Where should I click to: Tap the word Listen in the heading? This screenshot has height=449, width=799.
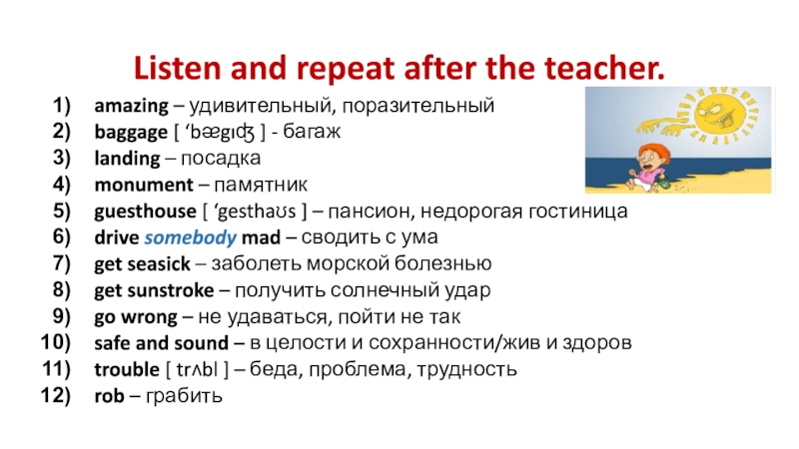click(178, 68)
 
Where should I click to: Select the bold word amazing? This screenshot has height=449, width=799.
click(132, 107)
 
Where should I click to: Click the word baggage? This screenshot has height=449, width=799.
click(131, 133)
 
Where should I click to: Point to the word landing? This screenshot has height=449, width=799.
click(128, 159)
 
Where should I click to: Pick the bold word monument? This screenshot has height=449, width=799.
click(144, 185)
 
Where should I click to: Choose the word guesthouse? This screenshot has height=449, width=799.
click(145, 212)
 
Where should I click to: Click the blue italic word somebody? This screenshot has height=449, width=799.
click(191, 237)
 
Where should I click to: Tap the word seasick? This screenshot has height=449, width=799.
click(159, 264)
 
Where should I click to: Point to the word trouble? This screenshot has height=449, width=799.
click(127, 369)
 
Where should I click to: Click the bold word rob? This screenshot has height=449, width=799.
click(110, 396)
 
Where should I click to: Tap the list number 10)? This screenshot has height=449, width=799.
click(56, 342)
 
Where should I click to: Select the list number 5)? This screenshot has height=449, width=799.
click(62, 211)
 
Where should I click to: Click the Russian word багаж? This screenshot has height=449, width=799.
click(312, 132)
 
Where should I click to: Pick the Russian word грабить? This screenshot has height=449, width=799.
click(184, 396)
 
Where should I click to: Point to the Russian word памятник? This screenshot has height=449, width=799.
click(261, 186)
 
